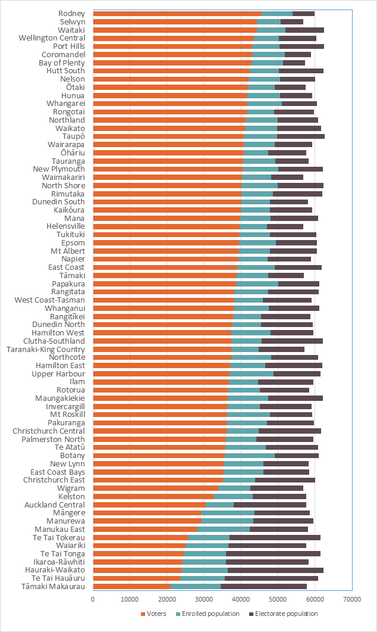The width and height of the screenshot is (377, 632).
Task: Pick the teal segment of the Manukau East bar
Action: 224,529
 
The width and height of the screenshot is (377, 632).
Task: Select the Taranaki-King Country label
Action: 45,349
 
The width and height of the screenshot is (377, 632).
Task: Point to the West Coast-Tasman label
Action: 50,300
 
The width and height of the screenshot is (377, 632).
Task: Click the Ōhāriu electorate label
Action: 73,152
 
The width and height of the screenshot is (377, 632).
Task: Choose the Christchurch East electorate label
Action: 54,480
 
